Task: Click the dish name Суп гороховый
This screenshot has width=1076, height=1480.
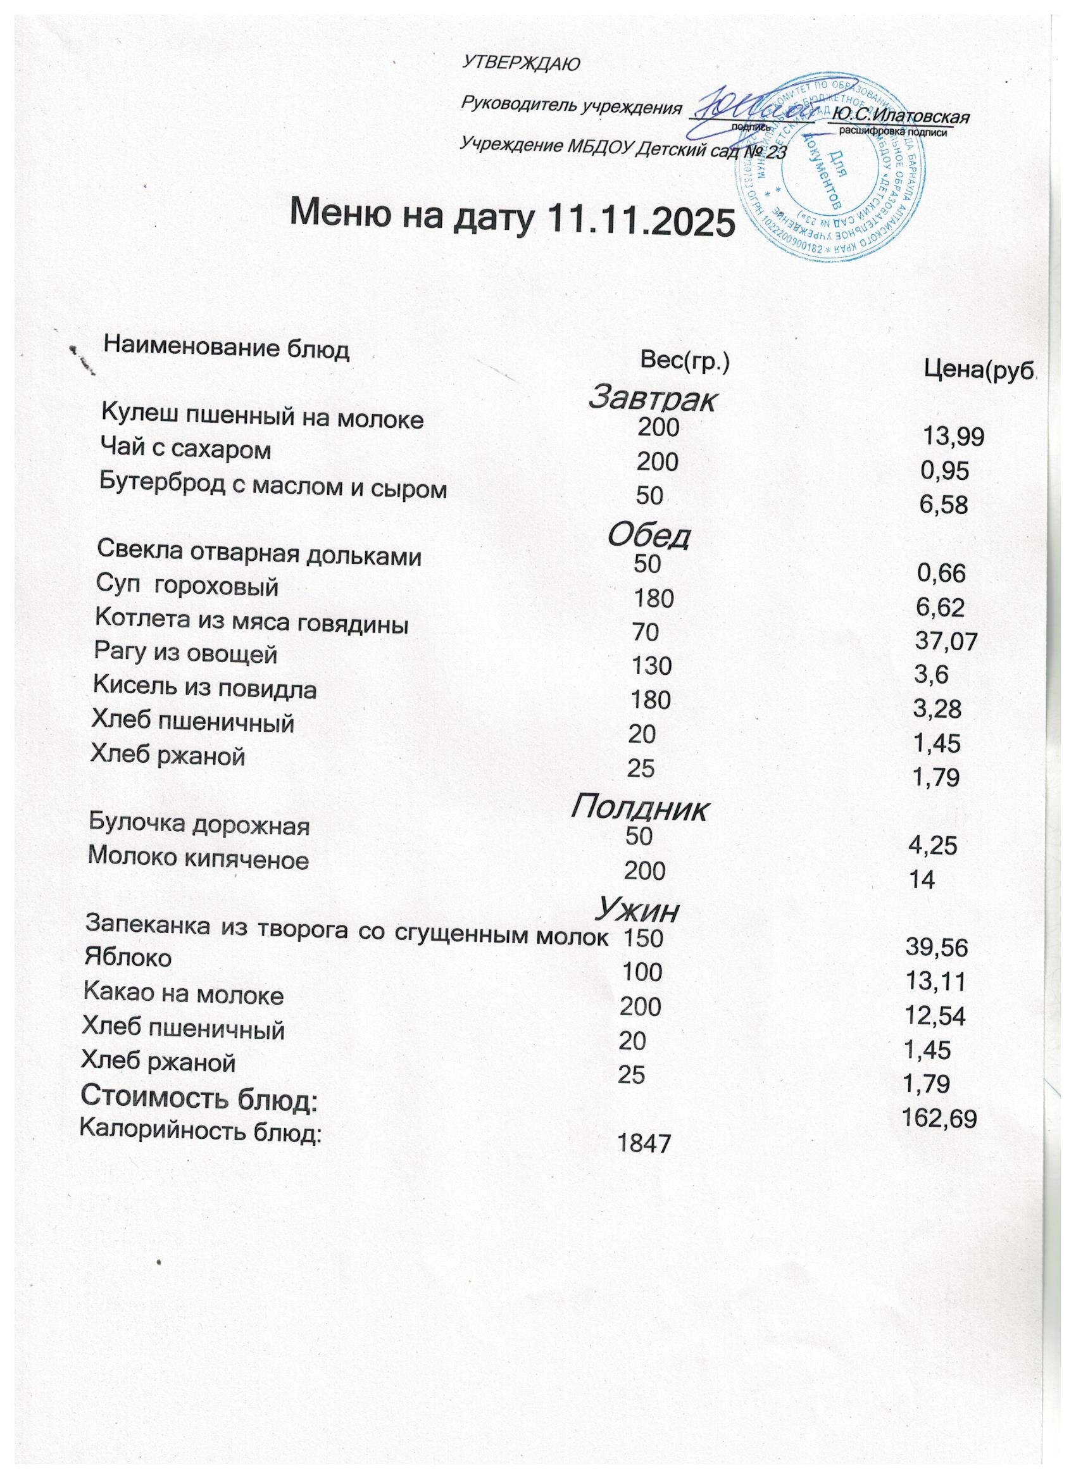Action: tap(187, 587)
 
